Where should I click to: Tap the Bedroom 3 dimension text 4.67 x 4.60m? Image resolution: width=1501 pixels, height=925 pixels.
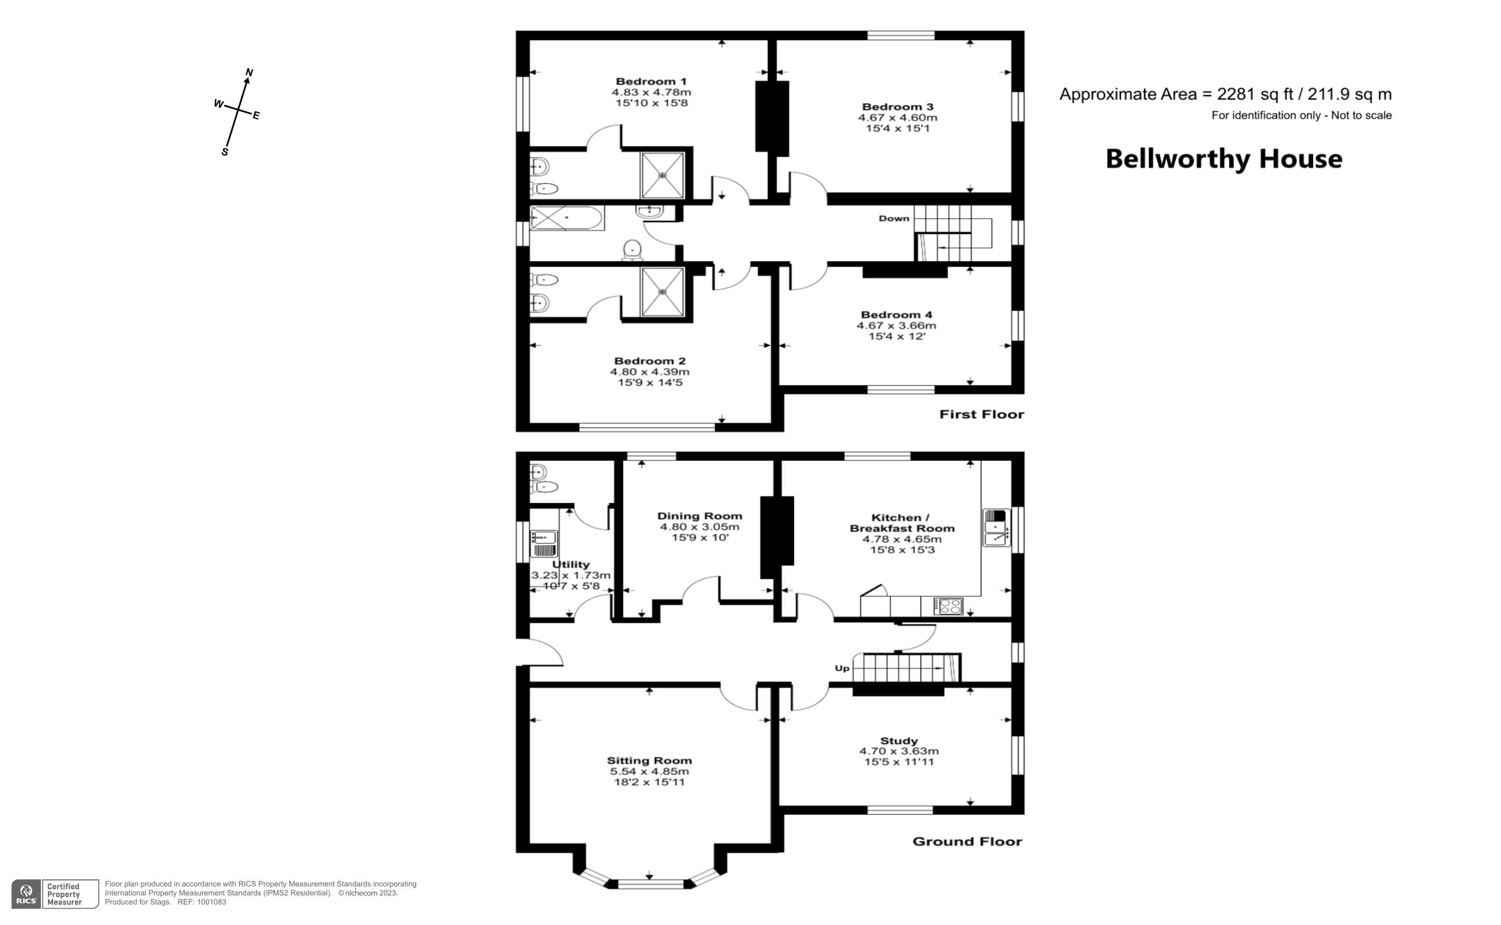tap(897, 117)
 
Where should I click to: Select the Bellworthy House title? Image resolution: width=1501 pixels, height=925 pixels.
tap(1223, 159)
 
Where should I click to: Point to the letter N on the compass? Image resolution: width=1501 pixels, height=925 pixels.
tap(249, 73)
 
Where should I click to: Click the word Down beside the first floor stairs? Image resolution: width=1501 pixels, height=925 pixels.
tap(894, 218)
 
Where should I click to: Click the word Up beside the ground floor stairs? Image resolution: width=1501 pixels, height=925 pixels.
tap(842, 668)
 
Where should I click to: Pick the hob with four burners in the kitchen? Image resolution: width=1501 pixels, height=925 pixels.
tap(948, 606)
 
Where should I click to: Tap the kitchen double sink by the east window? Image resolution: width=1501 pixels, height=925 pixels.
tap(996, 527)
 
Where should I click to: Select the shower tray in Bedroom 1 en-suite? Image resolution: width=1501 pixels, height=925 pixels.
tap(662, 175)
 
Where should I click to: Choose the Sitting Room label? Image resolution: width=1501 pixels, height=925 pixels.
tap(649, 761)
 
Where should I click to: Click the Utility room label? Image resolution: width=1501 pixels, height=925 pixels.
tap(570, 564)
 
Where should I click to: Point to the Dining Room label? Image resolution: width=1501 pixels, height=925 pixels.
tap(700, 516)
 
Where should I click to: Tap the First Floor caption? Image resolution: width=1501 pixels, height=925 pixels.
tap(981, 414)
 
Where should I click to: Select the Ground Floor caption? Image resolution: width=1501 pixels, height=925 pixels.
tap(967, 841)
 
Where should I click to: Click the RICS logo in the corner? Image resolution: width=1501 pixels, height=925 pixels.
tap(26, 894)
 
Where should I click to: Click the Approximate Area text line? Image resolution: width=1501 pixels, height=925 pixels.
tap(1225, 94)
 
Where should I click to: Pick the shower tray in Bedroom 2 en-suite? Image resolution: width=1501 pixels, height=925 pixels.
tap(662, 292)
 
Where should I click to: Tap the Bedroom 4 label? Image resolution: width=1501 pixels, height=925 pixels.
tap(897, 315)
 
